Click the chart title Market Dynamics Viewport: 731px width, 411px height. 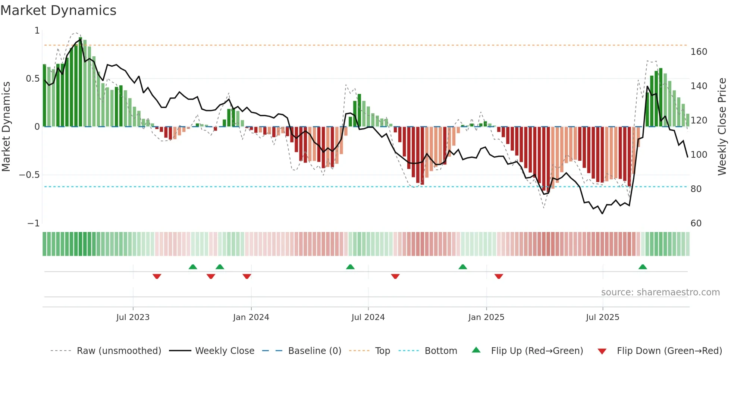click(58, 10)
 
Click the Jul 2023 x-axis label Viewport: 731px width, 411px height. click(133, 317)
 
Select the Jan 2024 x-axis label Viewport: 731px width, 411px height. click(251, 317)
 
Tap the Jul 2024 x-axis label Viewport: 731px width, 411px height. click(368, 317)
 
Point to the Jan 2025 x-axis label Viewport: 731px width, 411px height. click(486, 317)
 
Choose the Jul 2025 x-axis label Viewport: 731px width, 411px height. click(603, 317)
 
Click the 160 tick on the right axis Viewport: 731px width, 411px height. click(699, 52)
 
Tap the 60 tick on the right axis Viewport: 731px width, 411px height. click(696, 223)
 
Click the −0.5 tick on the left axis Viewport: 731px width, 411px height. click(29, 175)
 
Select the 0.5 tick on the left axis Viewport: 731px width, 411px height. click(32, 79)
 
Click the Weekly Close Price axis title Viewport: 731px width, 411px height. click(722, 127)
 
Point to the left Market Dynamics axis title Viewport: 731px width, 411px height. click(6, 127)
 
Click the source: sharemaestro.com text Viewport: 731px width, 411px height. click(660, 292)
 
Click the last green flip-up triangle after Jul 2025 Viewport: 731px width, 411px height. click(643, 267)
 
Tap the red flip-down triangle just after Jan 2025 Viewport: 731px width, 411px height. click(499, 276)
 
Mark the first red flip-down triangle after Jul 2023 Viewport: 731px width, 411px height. click(157, 276)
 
